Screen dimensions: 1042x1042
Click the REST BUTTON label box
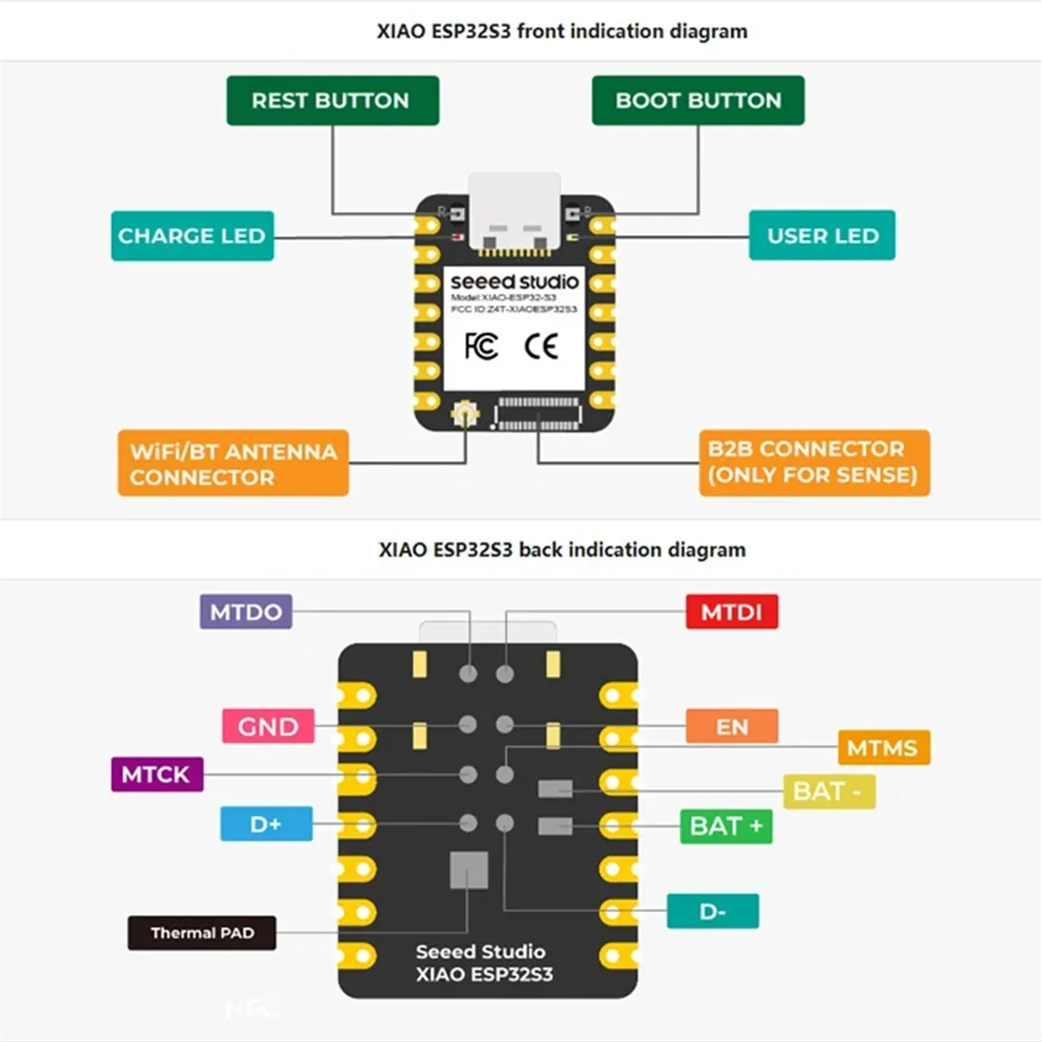[x=333, y=101]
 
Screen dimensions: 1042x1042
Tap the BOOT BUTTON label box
[x=698, y=101]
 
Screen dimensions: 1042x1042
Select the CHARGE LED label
[x=192, y=236]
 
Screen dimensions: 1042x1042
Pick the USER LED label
[x=821, y=236]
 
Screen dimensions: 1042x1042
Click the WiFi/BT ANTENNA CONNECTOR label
[x=233, y=464]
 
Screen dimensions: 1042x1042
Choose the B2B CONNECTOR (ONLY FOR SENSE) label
[x=814, y=462]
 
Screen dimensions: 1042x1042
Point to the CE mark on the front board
[x=541, y=347]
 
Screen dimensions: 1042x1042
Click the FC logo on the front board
[x=481, y=346]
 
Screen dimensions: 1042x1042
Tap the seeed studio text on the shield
[x=514, y=282]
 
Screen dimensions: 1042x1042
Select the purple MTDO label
[x=246, y=612]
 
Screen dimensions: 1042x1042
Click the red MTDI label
[x=731, y=612]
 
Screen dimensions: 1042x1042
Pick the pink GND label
[x=267, y=727]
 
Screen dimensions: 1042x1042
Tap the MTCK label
[x=156, y=775]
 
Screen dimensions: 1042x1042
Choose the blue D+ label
[x=266, y=824]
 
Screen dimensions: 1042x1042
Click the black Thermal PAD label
[x=201, y=933]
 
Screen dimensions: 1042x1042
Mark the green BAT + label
[x=726, y=826]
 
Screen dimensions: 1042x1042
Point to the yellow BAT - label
[x=828, y=792]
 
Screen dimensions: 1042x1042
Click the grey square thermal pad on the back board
[x=469, y=870]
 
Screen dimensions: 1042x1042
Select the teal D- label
[x=712, y=912]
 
